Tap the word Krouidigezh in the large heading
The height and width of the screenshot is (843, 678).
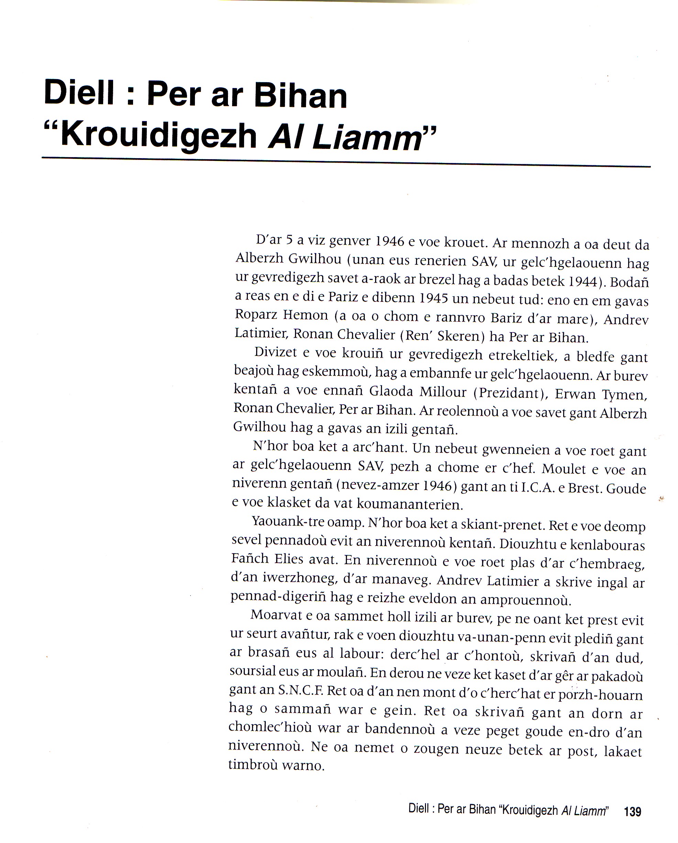click(x=159, y=136)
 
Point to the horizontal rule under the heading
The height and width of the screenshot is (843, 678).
click(x=346, y=162)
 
